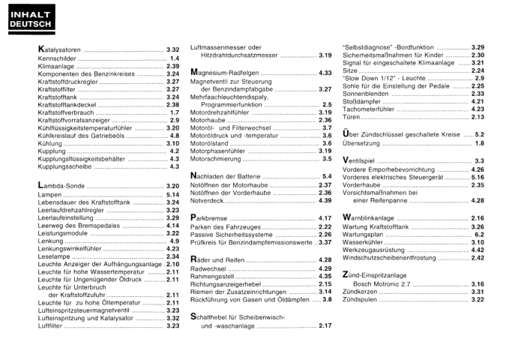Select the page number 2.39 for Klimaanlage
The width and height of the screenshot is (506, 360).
point(172,66)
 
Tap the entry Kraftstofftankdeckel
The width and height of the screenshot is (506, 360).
point(68,105)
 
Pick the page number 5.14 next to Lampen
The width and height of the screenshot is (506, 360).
point(172,193)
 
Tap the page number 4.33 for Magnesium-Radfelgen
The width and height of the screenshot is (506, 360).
point(325,73)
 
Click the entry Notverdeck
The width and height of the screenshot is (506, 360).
point(208,201)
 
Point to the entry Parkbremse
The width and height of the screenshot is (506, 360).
point(211,218)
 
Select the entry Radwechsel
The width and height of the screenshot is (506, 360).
point(211,268)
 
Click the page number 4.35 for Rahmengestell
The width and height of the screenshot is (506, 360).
point(325,276)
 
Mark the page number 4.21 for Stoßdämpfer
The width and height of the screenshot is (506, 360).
point(478,101)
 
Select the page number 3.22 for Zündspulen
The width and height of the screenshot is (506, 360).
point(478,300)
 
